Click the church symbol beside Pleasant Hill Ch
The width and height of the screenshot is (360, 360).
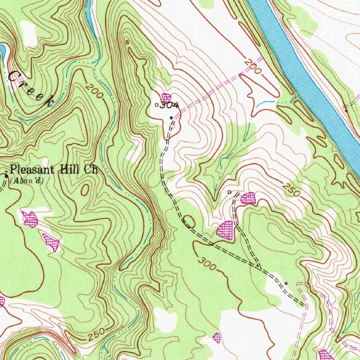click(6, 175)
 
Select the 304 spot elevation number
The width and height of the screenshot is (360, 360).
click(170, 105)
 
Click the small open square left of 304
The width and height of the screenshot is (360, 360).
click(157, 104)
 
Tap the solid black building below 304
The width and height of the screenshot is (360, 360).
click(171, 118)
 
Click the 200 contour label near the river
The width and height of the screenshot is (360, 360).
click(253, 67)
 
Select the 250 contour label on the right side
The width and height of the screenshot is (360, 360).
click(291, 190)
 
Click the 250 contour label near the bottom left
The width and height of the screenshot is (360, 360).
click(95, 334)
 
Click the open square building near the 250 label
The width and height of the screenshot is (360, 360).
click(229, 192)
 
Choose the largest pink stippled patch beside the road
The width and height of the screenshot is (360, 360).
click(225, 231)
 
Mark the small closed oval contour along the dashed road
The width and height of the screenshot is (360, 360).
click(189, 221)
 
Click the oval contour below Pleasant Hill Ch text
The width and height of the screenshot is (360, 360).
click(85, 190)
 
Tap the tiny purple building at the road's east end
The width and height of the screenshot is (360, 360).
click(286, 283)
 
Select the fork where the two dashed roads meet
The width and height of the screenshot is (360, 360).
click(259, 268)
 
